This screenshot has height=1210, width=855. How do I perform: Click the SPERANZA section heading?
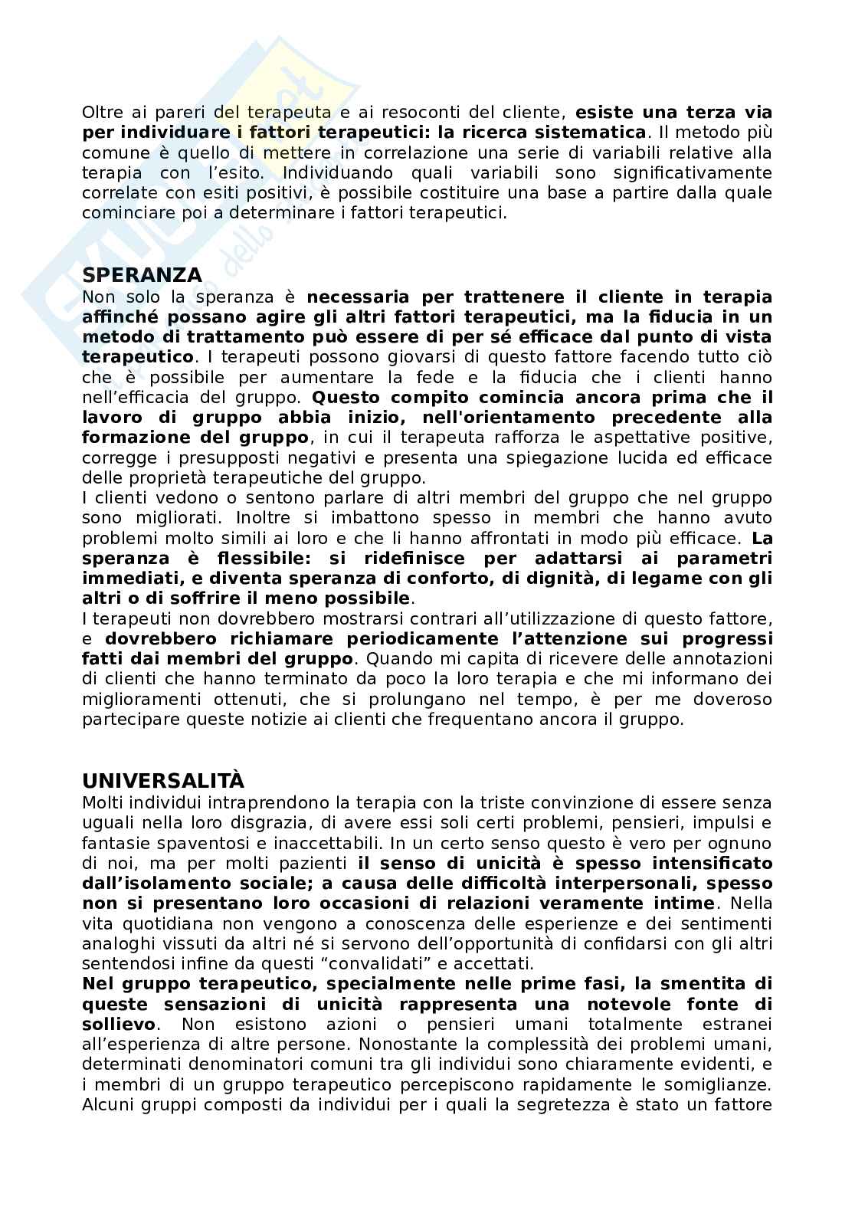142,275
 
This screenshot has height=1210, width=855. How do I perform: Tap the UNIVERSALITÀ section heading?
163,781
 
